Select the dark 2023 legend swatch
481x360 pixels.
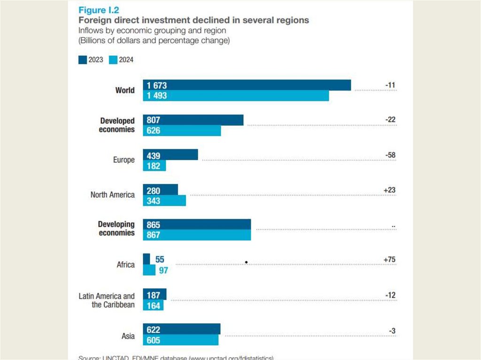tap(82, 60)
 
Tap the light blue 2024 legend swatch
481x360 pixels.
tap(113, 60)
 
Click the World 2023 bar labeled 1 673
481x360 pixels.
tap(247, 85)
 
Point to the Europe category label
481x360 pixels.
tap(124, 160)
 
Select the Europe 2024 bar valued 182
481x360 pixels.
tap(154, 166)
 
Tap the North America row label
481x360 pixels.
tap(112, 195)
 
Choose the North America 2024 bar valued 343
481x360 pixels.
tap(164, 200)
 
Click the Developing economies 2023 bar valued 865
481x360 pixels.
tap(196, 224)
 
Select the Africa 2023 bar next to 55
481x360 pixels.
tap(147, 259)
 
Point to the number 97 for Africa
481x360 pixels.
tap(163, 270)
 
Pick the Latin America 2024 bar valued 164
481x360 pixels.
tap(153, 306)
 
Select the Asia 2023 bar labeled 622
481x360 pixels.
tap(181, 329)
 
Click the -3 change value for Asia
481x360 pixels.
tap(392, 331)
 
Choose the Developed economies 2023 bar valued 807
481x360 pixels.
tap(193, 120)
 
